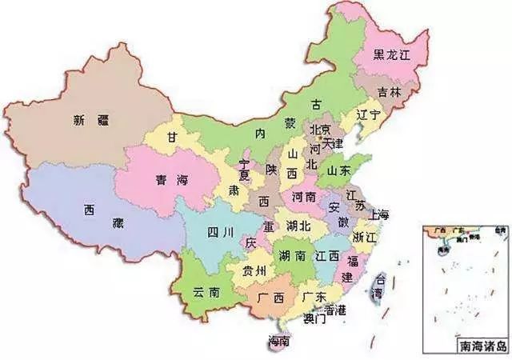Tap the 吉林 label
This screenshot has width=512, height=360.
[x=390, y=93]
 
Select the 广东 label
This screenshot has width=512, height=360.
[x=314, y=297]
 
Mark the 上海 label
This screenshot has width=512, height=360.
[x=378, y=214]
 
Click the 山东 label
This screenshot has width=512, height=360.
[x=338, y=170]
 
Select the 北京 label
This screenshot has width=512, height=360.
[x=320, y=130]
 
